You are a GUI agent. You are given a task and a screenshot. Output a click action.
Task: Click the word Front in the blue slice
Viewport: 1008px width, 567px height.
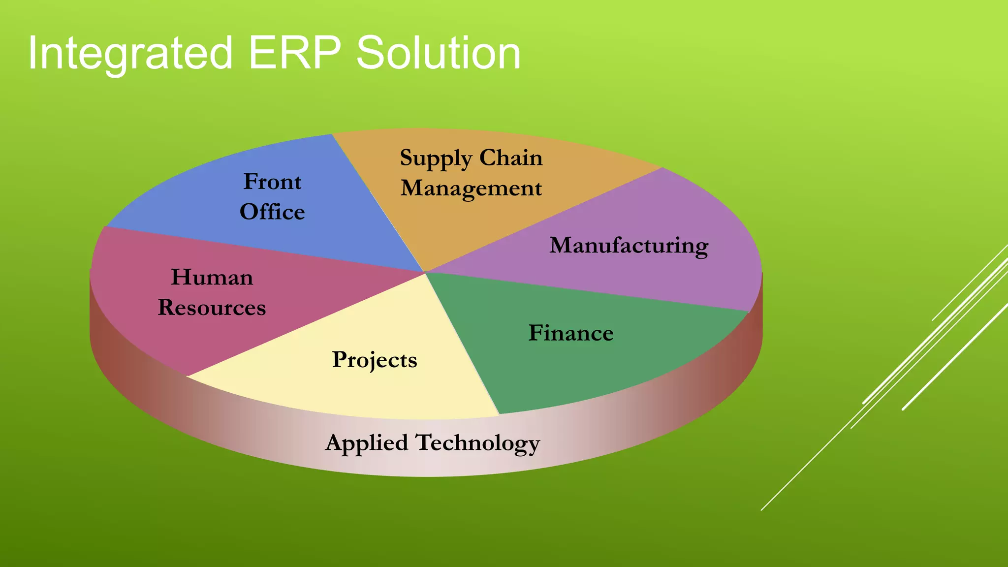(272, 182)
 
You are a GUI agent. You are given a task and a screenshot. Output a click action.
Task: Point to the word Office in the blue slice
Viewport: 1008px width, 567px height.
(272, 212)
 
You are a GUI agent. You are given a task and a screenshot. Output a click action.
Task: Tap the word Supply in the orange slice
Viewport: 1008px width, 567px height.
(436, 158)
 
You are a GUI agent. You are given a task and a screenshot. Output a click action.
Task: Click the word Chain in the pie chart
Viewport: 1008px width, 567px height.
(511, 157)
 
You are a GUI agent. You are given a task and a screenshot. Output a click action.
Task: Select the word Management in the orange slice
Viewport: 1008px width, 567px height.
(471, 189)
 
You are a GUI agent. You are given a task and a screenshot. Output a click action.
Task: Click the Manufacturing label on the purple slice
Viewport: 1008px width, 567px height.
(629, 245)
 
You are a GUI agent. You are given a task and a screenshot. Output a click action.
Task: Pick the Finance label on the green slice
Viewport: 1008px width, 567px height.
(571, 333)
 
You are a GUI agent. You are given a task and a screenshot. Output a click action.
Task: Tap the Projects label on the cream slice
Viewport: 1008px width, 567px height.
(375, 360)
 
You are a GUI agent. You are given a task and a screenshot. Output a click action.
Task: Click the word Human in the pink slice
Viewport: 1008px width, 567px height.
(212, 277)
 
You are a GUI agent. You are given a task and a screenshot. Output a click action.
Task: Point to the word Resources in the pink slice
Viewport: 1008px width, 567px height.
(212, 308)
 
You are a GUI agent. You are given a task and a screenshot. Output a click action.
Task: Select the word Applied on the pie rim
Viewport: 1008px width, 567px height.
(367, 442)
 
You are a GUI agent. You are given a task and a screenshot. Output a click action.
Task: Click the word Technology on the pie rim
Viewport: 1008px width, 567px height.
(478, 442)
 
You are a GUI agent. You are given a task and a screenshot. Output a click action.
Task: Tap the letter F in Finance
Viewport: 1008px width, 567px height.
(535, 333)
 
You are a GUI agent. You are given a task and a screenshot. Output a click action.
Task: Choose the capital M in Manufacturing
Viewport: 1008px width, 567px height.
(560, 245)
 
